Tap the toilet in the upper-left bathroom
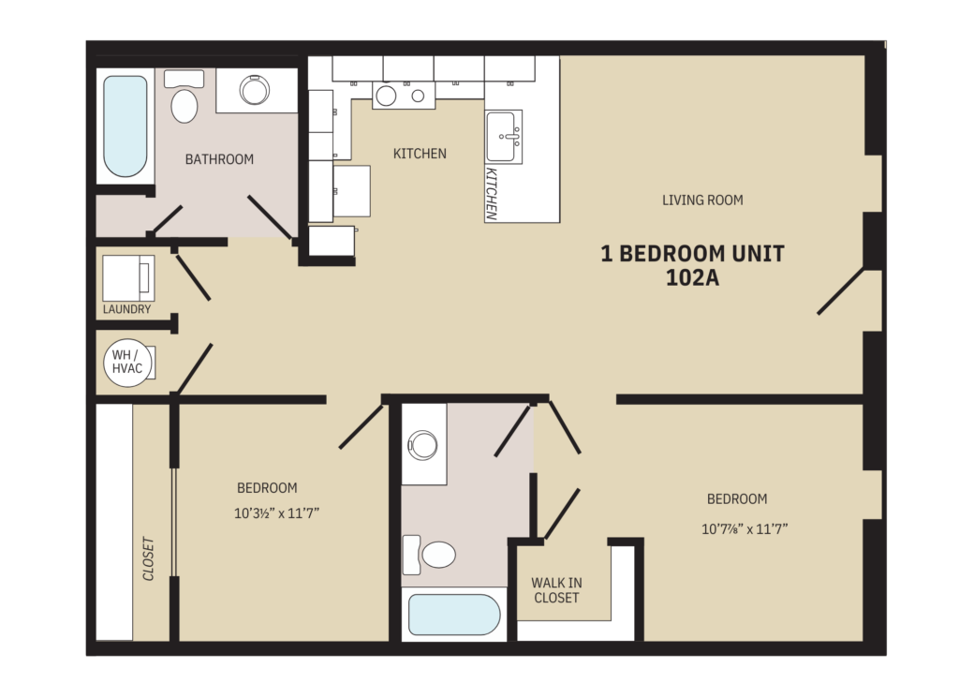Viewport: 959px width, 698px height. (185, 103)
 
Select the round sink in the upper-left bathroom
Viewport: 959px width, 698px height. (255, 90)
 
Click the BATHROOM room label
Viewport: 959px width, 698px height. (219, 159)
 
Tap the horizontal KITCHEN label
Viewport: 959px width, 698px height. (419, 154)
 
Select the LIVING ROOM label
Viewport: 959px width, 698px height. (702, 200)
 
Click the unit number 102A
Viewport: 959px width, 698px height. (692, 278)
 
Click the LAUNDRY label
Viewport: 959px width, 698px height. (126, 309)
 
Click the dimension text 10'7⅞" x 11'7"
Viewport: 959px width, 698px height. (745, 528)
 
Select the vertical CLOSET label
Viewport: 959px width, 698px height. (149, 558)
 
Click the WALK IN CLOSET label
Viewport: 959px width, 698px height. (555, 590)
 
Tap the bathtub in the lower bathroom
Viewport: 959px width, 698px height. (454, 616)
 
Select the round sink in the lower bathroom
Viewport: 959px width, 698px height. (424, 445)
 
